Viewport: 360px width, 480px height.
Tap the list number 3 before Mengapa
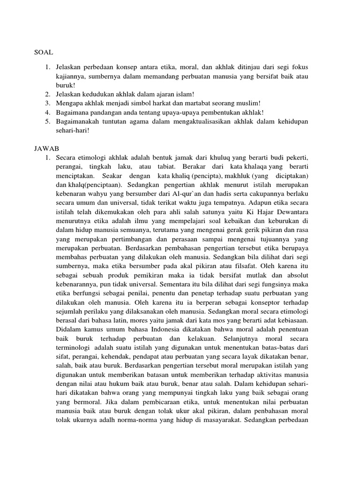pos(48,103)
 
